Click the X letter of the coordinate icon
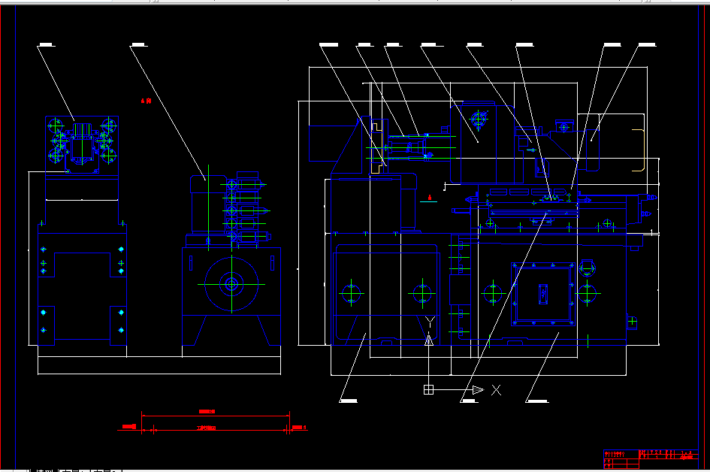(x=496, y=389)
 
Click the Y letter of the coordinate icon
(x=429, y=322)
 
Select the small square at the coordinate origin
(x=428, y=389)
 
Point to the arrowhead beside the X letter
(x=477, y=389)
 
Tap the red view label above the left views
(x=147, y=100)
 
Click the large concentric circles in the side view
(x=231, y=284)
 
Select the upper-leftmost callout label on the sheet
(x=46, y=46)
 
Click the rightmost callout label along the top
(x=647, y=45)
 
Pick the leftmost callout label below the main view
(x=348, y=401)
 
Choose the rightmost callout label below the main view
(x=536, y=401)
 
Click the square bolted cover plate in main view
(x=542, y=294)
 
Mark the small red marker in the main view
(x=430, y=198)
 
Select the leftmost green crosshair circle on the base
(x=351, y=292)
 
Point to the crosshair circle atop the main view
(x=478, y=118)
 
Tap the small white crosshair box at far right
(x=633, y=321)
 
